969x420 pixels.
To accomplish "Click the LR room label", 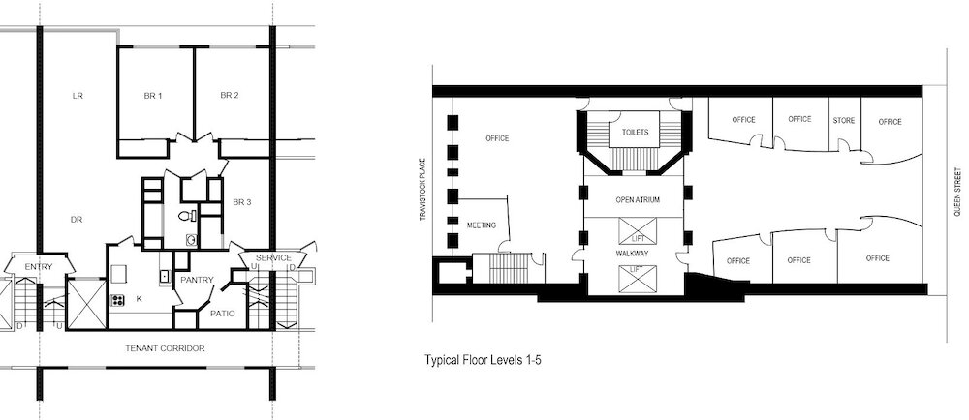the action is (78, 96).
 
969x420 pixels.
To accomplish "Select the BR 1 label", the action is (153, 96).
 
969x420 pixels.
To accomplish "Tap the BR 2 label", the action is (230, 95).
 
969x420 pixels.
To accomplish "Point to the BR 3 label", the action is (242, 202).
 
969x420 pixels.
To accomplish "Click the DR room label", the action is (77, 220).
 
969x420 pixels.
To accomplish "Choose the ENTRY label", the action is (39, 266).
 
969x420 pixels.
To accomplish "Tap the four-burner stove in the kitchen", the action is (117, 300).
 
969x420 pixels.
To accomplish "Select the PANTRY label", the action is (197, 280).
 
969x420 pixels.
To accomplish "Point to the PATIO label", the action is (223, 314).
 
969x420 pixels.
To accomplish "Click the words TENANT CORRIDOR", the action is (165, 348).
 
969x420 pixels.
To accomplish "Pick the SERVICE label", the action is (273, 257).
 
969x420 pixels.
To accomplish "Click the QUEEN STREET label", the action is (957, 192).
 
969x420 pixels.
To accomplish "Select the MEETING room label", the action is (482, 225).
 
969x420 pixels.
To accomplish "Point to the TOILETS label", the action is (636, 132).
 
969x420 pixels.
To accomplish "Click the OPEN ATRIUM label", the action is (638, 200).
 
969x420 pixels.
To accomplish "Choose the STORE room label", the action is (844, 120).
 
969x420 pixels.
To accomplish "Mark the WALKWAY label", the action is (632, 253).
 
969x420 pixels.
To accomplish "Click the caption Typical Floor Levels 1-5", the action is (483, 360).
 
